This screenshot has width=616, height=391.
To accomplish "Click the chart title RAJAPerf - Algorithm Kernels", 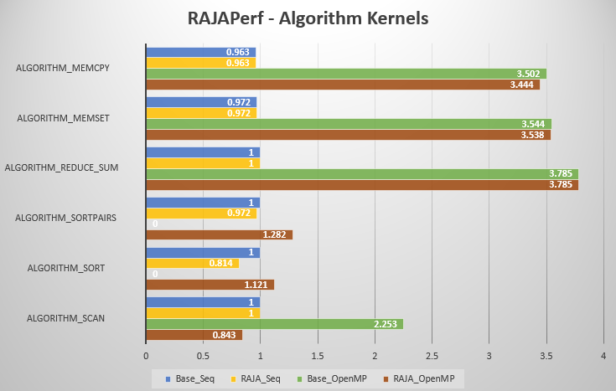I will (x=308, y=18).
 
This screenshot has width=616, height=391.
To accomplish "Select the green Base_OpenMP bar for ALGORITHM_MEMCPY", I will (x=346, y=74).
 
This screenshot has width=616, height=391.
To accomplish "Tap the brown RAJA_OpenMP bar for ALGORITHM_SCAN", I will (x=194, y=335).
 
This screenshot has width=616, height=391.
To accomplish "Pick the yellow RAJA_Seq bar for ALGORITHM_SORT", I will (x=193, y=263).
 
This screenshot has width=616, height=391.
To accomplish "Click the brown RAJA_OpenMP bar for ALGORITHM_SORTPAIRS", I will (x=220, y=234).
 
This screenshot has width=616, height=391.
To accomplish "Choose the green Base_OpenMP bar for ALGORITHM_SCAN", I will (x=275, y=324).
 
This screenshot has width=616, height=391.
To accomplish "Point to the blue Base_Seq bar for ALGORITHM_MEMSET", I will (x=202, y=102).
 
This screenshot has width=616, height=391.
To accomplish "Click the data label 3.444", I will (x=523, y=85).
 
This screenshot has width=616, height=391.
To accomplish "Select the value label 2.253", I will (x=386, y=324).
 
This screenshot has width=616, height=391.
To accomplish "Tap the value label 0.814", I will (x=222, y=263).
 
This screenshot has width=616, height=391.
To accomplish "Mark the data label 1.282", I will (x=276, y=234).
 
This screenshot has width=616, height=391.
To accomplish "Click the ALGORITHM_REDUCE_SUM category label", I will (x=61, y=167).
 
